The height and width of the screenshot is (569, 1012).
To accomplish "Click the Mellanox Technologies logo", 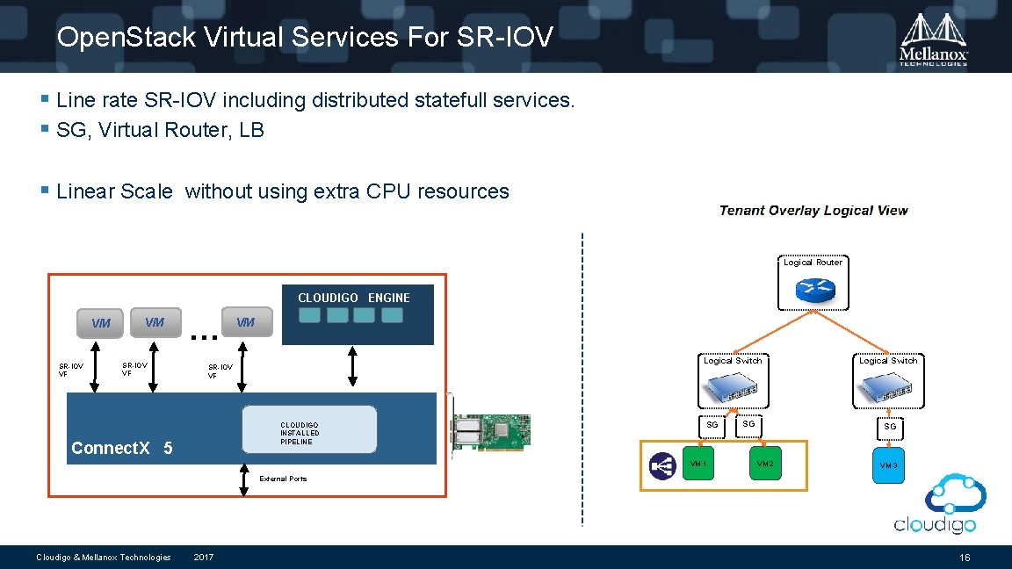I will (934, 39).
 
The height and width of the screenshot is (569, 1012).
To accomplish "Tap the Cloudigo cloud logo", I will (936, 503).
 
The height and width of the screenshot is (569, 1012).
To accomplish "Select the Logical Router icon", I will (812, 291).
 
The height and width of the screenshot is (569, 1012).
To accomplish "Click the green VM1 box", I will (698, 464).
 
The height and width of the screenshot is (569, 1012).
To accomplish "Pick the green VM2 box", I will (763, 464).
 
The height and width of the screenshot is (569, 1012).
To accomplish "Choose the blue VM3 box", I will (888, 465).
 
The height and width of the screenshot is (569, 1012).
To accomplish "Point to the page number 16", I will (965, 558).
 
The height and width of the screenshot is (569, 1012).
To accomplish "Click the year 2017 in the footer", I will (203, 558).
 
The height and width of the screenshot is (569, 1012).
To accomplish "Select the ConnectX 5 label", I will (121, 448).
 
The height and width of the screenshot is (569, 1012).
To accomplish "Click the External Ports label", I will (283, 479).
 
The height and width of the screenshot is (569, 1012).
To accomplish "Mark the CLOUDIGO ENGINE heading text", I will (353, 298).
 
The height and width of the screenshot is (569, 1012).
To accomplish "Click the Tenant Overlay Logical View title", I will (813, 211).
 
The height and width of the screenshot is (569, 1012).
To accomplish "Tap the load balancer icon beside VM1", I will (661, 465).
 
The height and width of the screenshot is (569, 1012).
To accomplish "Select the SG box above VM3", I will (889, 426).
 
